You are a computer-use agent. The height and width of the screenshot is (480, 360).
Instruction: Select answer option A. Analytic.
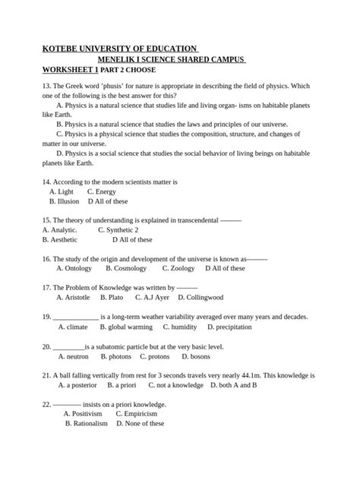(60, 229)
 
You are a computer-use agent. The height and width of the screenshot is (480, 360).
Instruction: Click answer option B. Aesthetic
(60, 239)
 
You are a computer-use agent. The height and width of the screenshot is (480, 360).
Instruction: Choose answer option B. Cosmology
(126, 268)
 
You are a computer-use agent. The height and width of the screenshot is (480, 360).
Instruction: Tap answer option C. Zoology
(178, 268)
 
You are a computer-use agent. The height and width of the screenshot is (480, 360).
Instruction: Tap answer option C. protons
(154, 356)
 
